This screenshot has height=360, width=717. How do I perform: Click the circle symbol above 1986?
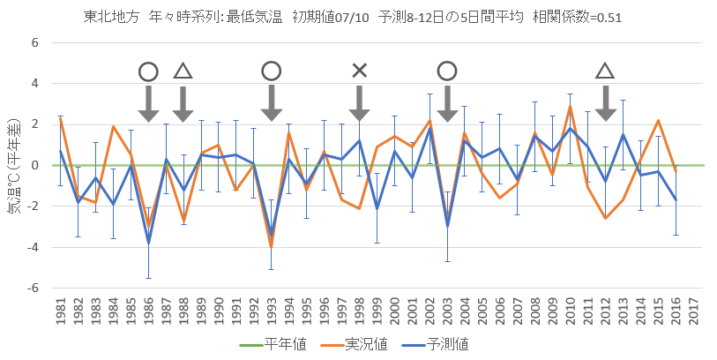pyautogui.click(x=148, y=71)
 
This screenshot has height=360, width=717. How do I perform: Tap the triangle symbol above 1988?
pyautogui.click(x=183, y=71)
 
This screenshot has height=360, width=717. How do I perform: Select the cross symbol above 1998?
pyautogui.click(x=359, y=71)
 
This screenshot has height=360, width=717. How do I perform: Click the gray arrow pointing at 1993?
pyautogui.click(x=272, y=103)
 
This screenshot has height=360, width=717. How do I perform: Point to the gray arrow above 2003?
pyautogui.click(x=447, y=103)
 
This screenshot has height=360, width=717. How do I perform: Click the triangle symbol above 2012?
pyautogui.click(x=605, y=71)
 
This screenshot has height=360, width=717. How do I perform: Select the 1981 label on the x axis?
pyautogui.click(x=60, y=316)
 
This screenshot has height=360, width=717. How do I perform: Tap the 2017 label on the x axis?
pyautogui.click(x=693, y=316)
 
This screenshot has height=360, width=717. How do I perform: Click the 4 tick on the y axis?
pyautogui.click(x=36, y=83)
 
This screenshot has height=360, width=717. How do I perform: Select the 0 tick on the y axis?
pyautogui.click(x=36, y=165)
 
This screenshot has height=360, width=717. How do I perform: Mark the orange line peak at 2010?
pyautogui.click(x=570, y=107)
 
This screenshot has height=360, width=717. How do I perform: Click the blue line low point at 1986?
pyautogui.click(x=148, y=244)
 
